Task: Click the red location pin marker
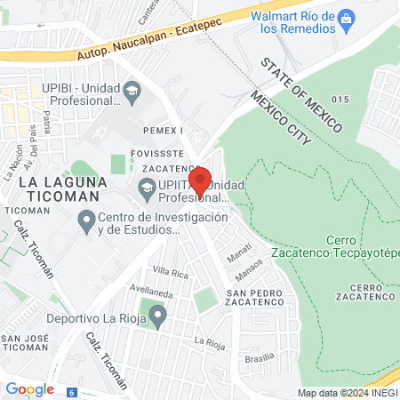point(201,180)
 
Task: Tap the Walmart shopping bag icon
point(348,18)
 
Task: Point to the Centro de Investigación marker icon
point(86,219)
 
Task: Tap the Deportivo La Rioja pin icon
point(157,316)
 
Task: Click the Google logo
point(29,388)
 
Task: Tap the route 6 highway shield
point(72,390)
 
